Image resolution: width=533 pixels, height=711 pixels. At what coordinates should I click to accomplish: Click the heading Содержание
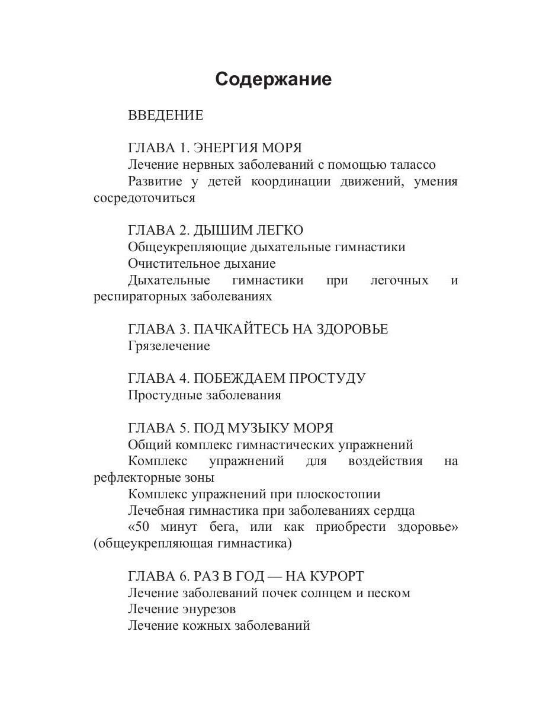click(273, 79)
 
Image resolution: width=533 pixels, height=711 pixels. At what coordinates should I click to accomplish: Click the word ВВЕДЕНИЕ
click(165, 116)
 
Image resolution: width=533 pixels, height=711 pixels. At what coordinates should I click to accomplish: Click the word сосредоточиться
click(144, 198)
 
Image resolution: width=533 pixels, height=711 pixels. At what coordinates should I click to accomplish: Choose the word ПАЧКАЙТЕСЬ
click(241, 329)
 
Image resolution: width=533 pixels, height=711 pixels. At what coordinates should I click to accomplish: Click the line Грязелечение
click(169, 346)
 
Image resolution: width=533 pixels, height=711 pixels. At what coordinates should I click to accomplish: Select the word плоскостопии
click(339, 494)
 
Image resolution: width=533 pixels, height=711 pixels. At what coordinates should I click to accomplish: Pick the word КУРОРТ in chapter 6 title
click(333, 576)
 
